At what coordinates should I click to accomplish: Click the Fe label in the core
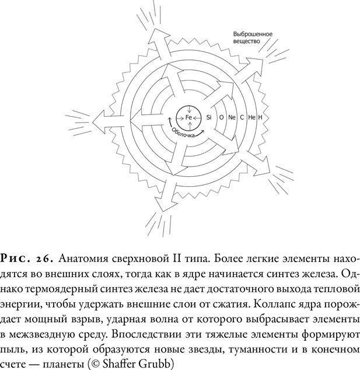point(189,117)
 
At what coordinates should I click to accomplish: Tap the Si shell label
point(208,117)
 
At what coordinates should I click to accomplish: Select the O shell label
point(221,117)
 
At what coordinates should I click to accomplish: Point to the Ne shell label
point(232,117)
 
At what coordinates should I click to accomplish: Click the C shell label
point(242,117)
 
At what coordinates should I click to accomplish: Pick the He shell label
point(251,117)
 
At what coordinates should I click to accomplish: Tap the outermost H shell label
point(260,117)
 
